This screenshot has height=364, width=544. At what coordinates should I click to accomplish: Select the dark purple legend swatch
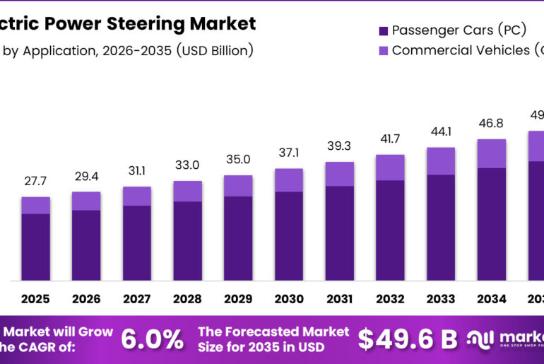[384, 31]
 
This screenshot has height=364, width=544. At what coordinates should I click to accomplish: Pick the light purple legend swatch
[384, 51]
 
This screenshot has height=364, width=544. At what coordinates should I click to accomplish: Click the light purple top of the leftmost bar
[35, 205]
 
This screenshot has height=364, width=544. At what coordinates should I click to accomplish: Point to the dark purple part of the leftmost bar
[35, 247]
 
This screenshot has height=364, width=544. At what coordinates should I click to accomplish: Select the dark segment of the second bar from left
[86, 245]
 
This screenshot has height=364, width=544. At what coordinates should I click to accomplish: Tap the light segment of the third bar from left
[137, 196]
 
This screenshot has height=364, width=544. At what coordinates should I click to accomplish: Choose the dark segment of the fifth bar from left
[238, 237]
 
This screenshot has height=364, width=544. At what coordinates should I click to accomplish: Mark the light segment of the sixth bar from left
[289, 180]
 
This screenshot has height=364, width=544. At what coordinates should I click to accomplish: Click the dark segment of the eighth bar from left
[390, 230]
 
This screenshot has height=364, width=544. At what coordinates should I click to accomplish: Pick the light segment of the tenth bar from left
[492, 153]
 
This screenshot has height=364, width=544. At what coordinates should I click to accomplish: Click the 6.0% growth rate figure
[152, 339]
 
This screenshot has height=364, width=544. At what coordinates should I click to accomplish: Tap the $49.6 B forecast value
[408, 339]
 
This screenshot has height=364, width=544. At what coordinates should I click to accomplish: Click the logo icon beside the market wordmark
[480, 339]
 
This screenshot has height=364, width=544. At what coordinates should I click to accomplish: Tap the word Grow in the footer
[95, 331]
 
